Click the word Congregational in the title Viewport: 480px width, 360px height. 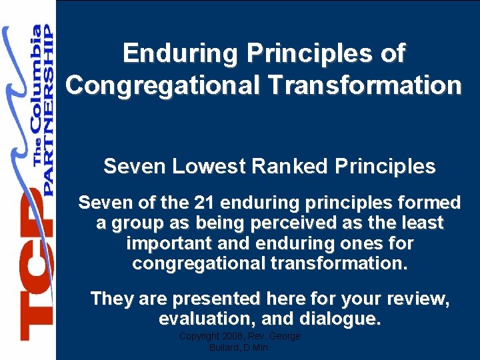click(152, 85)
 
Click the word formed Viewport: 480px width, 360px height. click(429, 203)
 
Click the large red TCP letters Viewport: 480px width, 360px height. click(35, 267)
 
